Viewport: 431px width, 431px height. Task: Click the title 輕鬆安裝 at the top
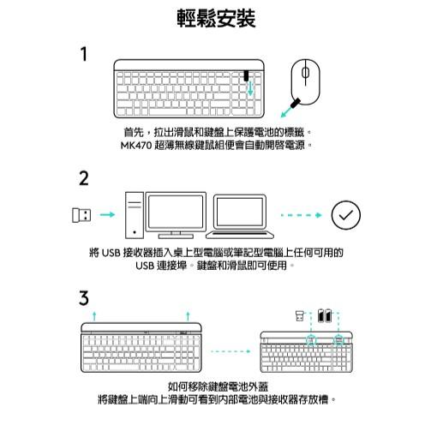click(x=215, y=18)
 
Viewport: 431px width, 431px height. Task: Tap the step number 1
click(x=84, y=55)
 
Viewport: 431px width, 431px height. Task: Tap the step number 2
click(x=84, y=178)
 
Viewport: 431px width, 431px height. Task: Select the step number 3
click(x=84, y=298)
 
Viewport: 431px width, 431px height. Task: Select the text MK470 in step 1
click(x=140, y=146)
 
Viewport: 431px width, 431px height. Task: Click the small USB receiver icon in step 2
click(x=78, y=214)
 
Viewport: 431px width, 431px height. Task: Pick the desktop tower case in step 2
click(x=134, y=215)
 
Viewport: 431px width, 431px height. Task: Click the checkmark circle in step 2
click(x=345, y=214)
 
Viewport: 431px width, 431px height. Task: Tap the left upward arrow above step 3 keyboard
click(x=94, y=316)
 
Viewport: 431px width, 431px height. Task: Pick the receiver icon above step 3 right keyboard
click(x=299, y=315)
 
